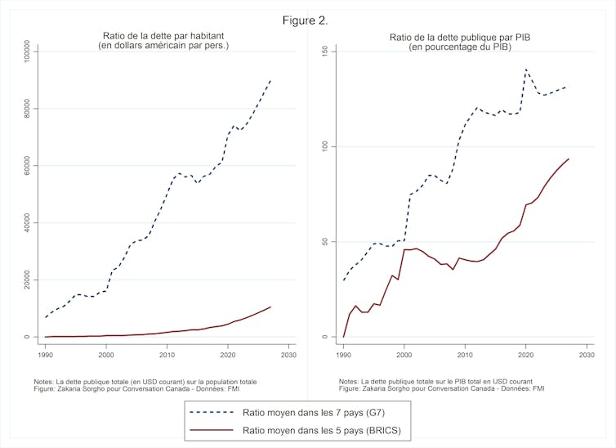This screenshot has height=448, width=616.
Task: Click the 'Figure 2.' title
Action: click(x=307, y=20)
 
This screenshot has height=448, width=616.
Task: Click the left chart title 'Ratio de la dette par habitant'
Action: click(x=164, y=35)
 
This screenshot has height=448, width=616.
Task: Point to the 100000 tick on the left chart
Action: click(x=25, y=52)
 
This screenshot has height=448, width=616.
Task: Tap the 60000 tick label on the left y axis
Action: click(x=25, y=166)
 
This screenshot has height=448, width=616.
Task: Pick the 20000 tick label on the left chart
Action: click(x=25, y=280)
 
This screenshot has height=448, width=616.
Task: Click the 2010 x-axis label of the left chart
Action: click(x=167, y=356)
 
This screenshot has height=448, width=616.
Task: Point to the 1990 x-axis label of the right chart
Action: click(x=343, y=356)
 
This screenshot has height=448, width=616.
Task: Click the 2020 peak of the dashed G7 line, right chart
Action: click(x=525, y=69)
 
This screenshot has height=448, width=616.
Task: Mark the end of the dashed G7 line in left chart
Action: click(x=270, y=80)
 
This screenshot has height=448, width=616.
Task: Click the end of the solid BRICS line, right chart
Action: click(x=568, y=159)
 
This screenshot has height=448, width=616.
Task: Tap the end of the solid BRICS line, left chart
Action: click(x=270, y=307)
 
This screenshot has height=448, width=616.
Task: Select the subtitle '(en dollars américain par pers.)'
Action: click(x=164, y=46)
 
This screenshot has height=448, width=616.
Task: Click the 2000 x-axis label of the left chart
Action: click(x=106, y=356)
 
